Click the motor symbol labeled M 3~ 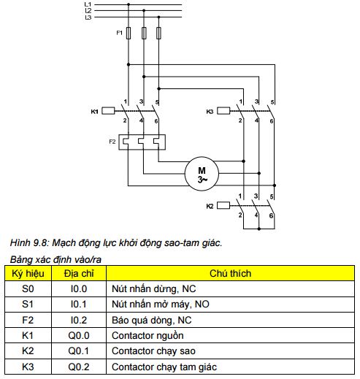pyautogui.click(x=202, y=174)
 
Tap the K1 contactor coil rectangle pyautogui.click(x=108, y=111)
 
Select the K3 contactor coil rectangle pyautogui.click(x=223, y=111)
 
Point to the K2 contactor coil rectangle pyautogui.click(x=223, y=205)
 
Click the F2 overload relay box pyautogui.click(x=142, y=142)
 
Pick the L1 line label pyautogui.click(x=88, y=4)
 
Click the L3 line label pyautogui.click(x=88, y=18)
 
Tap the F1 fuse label pyautogui.click(x=119, y=33)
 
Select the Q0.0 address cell pyautogui.click(x=79, y=335)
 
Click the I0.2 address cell pyautogui.click(x=79, y=320)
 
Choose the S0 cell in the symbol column pyautogui.click(x=28, y=289)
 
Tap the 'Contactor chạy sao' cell pyautogui.click(x=230, y=351)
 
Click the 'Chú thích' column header pyautogui.click(x=230, y=273)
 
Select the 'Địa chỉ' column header pyautogui.click(x=79, y=273)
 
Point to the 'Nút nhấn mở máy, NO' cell pyautogui.click(x=230, y=305)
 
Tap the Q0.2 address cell pyautogui.click(x=79, y=367)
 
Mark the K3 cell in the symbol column pyautogui.click(x=28, y=367)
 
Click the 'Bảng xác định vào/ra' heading pyautogui.click(x=55, y=259)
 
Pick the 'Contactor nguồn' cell pyautogui.click(x=230, y=335)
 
